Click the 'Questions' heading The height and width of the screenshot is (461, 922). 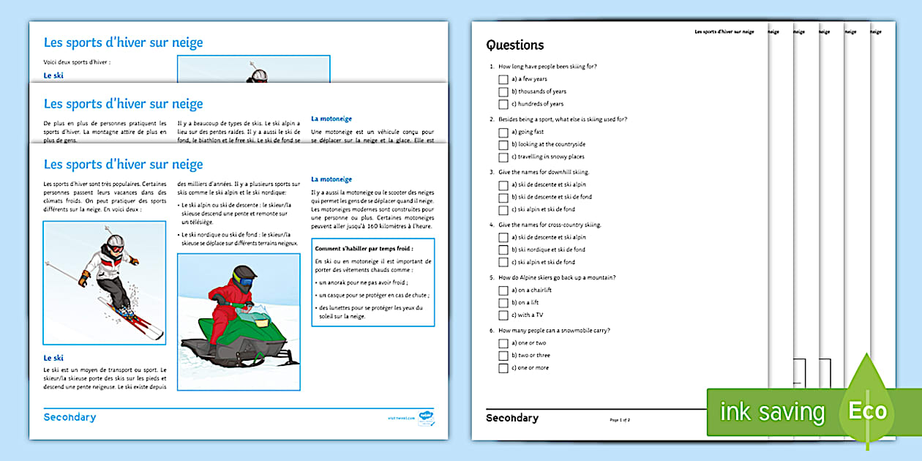click(515, 45)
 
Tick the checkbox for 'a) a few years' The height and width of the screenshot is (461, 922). click(503, 79)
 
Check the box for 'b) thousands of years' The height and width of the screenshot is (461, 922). click(503, 91)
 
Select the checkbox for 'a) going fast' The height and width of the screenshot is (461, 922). click(503, 132)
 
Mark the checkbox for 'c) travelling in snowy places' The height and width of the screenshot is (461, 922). click(503, 157)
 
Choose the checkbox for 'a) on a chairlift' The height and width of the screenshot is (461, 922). click(503, 291)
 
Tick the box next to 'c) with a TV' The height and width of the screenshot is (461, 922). click(503, 315)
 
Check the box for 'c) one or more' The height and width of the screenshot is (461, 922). click(503, 368)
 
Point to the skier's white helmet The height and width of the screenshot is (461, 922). click(115, 241)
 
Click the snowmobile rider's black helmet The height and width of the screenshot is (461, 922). click(244, 276)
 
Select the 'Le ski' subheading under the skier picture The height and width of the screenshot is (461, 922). click(53, 358)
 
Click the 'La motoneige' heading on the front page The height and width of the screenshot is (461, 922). click(331, 179)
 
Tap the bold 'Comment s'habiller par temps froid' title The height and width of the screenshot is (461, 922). click(353, 249)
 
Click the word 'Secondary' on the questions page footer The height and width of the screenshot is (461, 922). click(511, 418)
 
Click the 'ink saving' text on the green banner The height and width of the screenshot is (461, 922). click(771, 412)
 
